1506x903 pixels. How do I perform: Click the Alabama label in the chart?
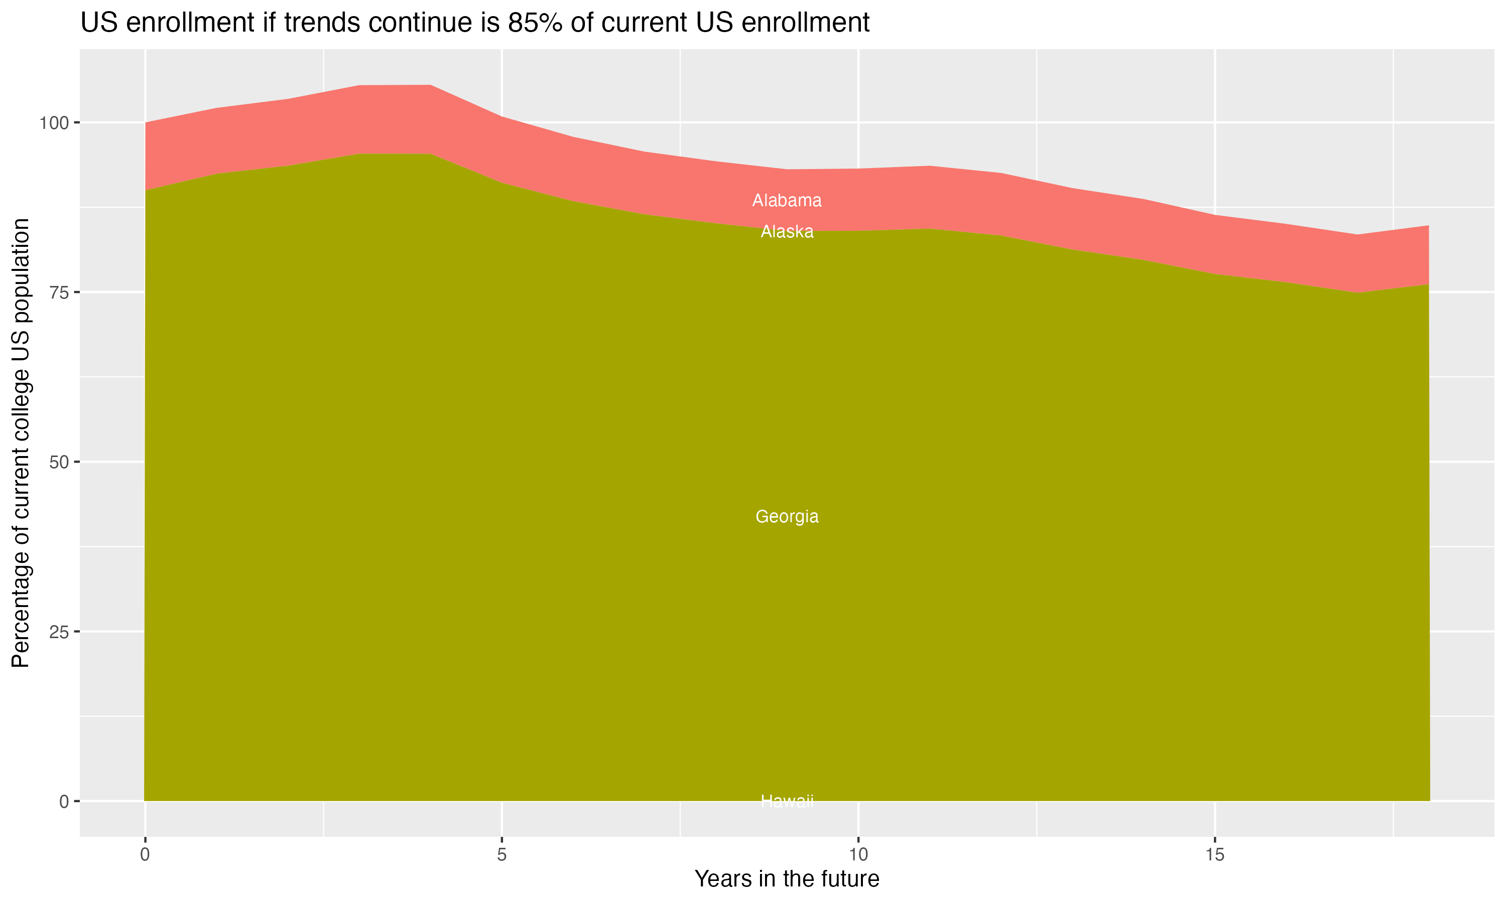click(787, 200)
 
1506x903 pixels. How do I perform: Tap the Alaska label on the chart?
click(787, 232)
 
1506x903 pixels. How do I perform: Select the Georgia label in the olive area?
click(787, 517)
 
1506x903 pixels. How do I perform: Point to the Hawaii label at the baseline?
click(787, 801)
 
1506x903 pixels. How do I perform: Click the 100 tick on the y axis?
click(52, 123)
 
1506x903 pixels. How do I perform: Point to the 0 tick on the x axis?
click(145, 855)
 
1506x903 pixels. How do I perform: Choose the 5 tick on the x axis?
click(501, 855)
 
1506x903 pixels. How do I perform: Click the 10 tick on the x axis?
click(858, 855)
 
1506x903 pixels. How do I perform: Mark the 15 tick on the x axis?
click(1214, 855)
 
